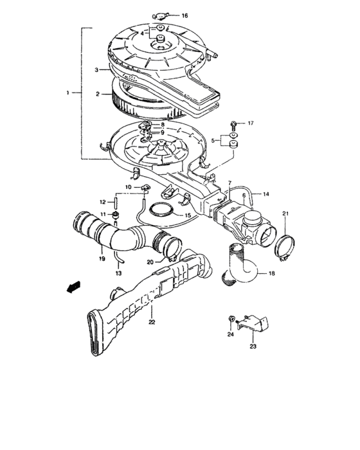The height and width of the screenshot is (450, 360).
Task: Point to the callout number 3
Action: coord(96,69)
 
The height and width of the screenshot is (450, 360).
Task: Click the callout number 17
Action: coord(251,122)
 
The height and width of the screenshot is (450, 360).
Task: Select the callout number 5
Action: coord(215,139)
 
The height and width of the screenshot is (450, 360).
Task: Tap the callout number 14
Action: coord(266,193)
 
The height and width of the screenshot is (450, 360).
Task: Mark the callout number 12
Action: coord(101,202)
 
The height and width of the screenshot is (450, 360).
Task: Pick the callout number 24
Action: coord(229,334)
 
